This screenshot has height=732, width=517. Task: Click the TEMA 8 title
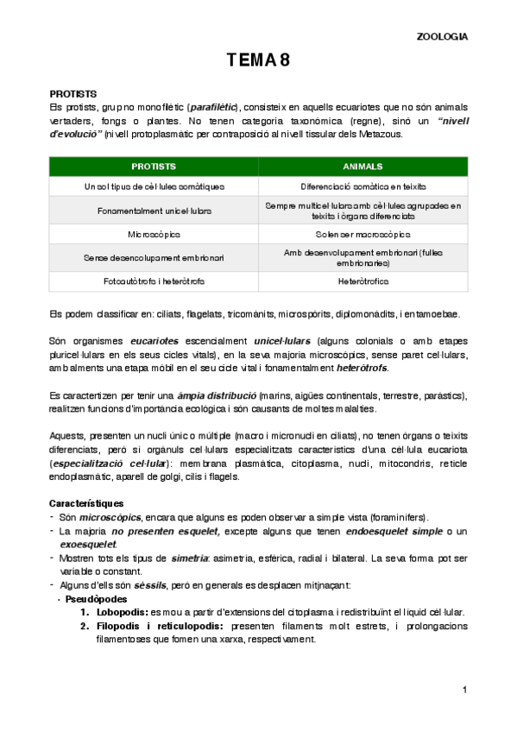point(258,60)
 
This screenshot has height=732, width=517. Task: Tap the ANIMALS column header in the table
point(363,166)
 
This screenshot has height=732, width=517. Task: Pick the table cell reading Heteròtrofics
point(363,281)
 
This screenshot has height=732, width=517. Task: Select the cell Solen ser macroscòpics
point(363,233)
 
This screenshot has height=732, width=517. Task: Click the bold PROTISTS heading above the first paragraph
point(73,93)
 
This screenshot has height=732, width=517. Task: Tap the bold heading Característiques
point(86,502)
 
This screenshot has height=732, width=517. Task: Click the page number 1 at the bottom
point(463,689)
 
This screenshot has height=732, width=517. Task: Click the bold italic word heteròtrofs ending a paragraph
point(363,369)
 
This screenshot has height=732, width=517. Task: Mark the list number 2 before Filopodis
point(85,626)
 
